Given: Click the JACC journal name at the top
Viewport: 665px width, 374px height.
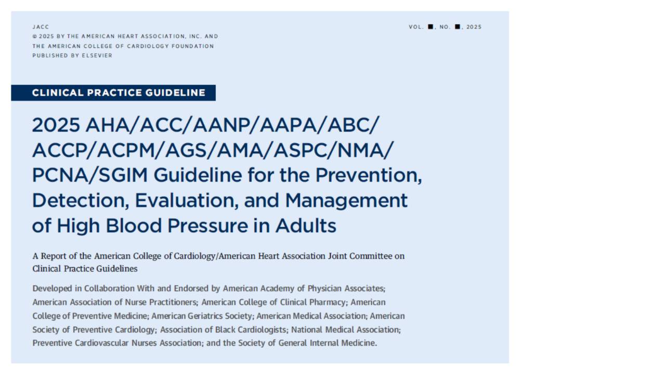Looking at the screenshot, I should [x=41, y=27].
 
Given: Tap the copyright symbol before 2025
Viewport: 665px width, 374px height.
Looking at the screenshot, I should [x=34, y=37].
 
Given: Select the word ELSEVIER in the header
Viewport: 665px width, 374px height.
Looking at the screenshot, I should [x=97, y=56].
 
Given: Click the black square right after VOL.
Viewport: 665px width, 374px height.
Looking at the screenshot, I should [x=431, y=27].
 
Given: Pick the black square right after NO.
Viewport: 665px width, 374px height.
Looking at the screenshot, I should [x=458, y=27].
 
